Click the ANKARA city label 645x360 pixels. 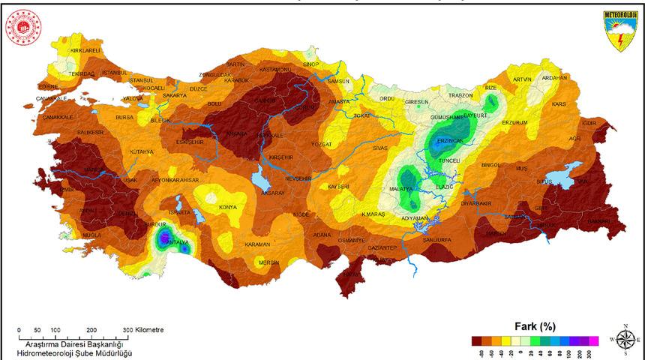(236, 133)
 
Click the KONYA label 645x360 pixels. (227, 207)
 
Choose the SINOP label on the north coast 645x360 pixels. (310, 65)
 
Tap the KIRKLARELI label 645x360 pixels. (85, 50)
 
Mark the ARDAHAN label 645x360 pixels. (553, 77)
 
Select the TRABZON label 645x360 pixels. (460, 95)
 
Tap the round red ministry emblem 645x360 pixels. (23, 28)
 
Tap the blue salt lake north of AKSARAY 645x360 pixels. (262, 180)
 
